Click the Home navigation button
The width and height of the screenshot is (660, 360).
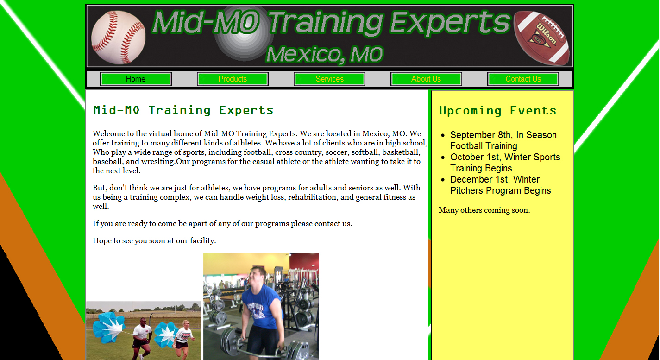136,79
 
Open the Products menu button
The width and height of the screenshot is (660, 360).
233,79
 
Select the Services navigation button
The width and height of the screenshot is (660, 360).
329,79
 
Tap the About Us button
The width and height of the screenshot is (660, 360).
426,79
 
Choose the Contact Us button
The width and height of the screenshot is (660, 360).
523,79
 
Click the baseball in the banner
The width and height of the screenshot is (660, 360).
118,38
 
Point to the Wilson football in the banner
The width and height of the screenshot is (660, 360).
541,38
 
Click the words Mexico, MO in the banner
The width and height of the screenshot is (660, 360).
324,55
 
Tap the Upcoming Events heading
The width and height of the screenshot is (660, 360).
497,111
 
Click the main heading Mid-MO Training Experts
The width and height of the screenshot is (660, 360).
183,110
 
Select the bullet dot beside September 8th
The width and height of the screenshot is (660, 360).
443,135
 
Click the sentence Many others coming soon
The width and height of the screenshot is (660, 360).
484,210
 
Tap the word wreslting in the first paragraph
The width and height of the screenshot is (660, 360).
157,162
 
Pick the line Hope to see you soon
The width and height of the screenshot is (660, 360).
154,241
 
